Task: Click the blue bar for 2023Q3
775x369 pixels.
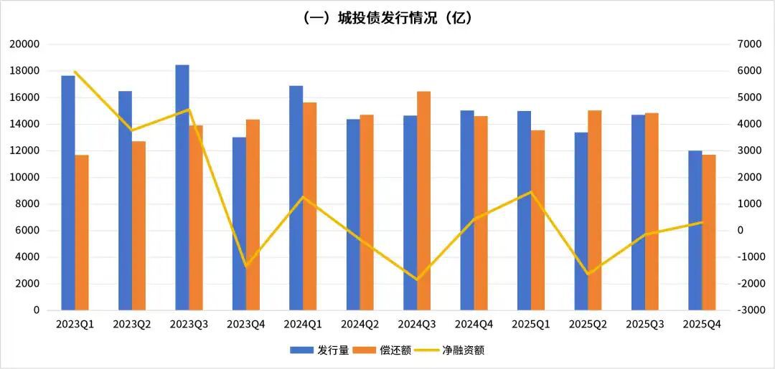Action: click(x=182, y=188)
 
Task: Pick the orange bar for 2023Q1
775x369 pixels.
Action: click(x=82, y=232)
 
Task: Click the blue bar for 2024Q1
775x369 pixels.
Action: click(x=296, y=198)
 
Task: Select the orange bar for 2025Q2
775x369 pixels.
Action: click(x=595, y=210)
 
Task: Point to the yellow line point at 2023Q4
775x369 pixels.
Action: click(x=246, y=267)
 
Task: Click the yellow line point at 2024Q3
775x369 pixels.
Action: click(x=417, y=279)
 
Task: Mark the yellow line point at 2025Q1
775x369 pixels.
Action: click(x=531, y=192)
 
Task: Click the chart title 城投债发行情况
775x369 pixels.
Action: click(x=387, y=18)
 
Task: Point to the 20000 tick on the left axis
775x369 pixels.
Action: click(x=24, y=44)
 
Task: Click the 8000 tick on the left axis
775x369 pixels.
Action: click(x=27, y=204)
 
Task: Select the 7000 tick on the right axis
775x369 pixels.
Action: click(x=749, y=44)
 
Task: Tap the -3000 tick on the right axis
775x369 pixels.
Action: click(x=749, y=310)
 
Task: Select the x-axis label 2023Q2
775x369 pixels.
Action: click(x=132, y=325)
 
